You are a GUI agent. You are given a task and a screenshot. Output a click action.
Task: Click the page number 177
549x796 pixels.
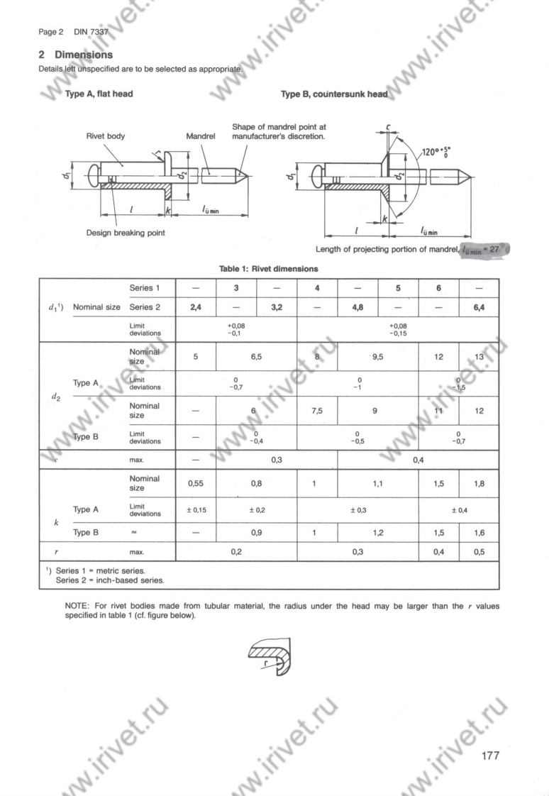(490, 755)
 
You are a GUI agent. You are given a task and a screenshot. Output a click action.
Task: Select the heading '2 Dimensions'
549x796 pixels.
(75, 55)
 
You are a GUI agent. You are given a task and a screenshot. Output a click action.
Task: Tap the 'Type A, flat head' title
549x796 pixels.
(99, 94)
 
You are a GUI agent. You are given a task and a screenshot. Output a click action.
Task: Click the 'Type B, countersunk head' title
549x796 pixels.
(334, 94)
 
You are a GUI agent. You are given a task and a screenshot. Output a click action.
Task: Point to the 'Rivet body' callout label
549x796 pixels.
(105, 136)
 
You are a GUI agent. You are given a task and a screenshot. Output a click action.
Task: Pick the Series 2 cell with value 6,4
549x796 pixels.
(479, 307)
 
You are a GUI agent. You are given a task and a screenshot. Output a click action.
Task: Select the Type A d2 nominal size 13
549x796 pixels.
(479, 357)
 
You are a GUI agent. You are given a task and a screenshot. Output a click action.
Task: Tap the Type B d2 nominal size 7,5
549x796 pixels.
(316, 411)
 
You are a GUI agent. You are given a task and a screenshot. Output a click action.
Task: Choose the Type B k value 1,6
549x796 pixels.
(479, 532)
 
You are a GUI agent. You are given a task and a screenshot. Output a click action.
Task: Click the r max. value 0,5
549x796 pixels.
(479, 551)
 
